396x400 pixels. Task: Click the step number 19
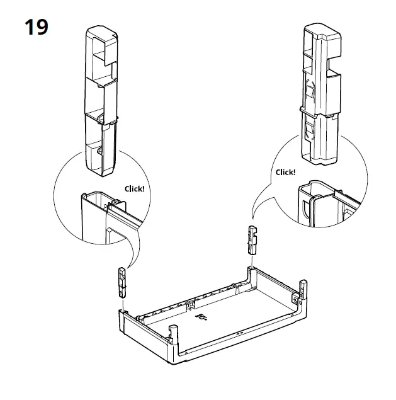tap(37, 27)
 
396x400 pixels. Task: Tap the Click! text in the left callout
tap(134, 189)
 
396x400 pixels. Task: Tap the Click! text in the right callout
tap(285, 172)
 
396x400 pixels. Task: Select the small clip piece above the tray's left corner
tap(122, 282)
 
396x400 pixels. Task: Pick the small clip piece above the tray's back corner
tap(252, 240)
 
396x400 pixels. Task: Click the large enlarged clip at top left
tap(101, 101)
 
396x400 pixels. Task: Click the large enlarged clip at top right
tap(321, 94)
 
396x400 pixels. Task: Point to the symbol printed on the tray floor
tap(201, 317)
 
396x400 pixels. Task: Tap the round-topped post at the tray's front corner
tap(173, 334)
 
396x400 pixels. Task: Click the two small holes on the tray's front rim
tap(240, 333)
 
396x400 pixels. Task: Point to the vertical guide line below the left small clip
tap(123, 305)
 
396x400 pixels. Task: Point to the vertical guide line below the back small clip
tap(252, 261)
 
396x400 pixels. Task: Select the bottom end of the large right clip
tap(320, 159)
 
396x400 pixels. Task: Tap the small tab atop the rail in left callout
tap(117, 202)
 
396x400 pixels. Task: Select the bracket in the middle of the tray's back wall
tap(190, 304)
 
